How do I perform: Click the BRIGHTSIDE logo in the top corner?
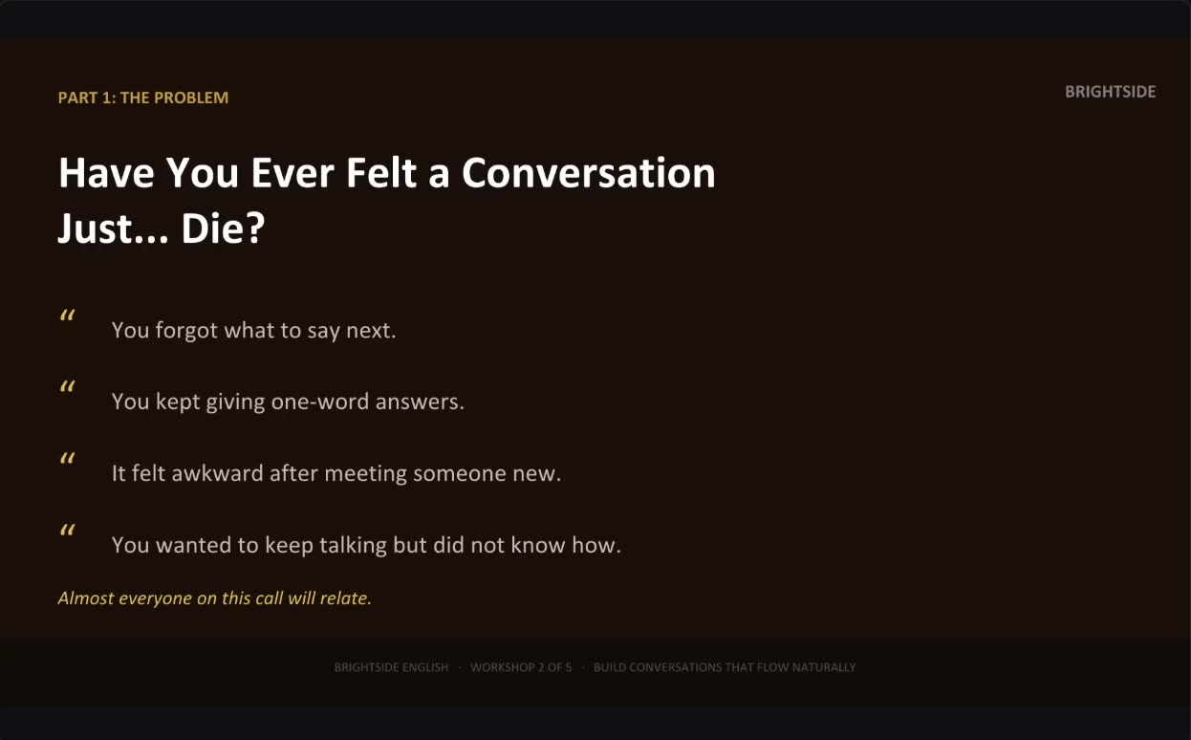(1110, 92)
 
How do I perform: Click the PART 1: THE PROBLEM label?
(143, 98)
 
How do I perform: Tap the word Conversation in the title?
(589, 173)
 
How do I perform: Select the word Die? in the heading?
(223, 229)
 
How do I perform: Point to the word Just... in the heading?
(113, 229)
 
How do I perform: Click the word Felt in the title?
(381, 173)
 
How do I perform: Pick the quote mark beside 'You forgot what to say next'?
(68, 315)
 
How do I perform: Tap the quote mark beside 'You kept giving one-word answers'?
(68, 386)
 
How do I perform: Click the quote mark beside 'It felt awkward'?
(68, 458)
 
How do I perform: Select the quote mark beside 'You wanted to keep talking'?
(68, 530)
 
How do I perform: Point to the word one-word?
(319, 402)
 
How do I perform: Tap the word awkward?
(218, 473)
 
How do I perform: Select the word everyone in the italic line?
(155, 599)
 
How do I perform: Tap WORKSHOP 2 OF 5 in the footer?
(521, 667)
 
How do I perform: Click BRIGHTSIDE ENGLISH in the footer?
(391, 667)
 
